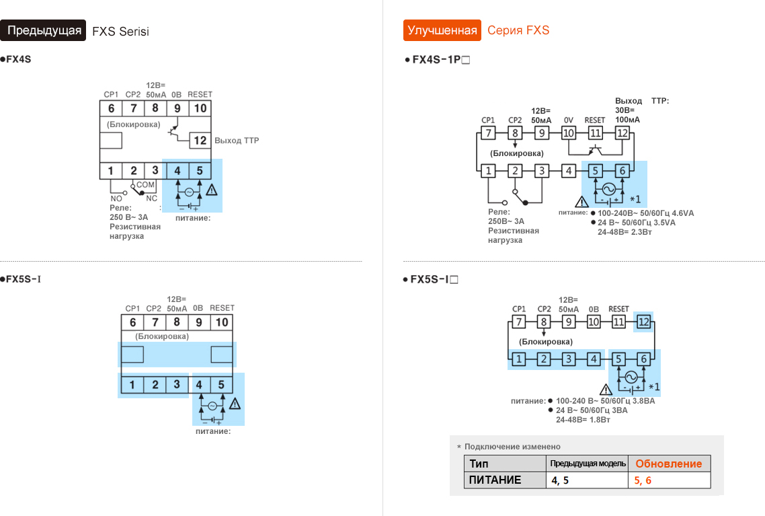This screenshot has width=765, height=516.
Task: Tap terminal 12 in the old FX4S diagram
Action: point(200,141)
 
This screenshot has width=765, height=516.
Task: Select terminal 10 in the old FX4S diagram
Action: point(200,108)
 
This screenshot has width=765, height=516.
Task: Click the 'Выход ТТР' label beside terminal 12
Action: point(237,141)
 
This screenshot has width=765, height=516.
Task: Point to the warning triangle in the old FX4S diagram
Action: point(212,190)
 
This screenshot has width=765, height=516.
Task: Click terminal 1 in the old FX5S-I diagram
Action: point(132,385)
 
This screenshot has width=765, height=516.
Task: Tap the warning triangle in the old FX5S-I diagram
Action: point(235,404)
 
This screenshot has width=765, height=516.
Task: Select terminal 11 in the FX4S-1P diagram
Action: point(595,133)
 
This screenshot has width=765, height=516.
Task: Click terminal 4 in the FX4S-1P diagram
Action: point(569,171)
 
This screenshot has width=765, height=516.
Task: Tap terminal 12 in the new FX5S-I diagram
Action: point(644,322)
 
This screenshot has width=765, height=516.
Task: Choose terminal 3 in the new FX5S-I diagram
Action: point(568,359)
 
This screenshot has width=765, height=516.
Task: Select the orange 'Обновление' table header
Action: point(668,464)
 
